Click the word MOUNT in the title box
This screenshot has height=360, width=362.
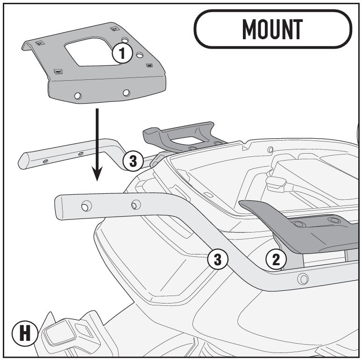click(272, 29)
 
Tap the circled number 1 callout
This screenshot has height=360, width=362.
click(122, 53)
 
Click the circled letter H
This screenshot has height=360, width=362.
click(25, 333)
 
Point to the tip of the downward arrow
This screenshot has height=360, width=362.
click(97, 181)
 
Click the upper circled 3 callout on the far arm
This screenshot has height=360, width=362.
click(133, 161)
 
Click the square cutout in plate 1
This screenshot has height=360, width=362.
click(92, 52)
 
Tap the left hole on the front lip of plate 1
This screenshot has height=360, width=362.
click(78, 96)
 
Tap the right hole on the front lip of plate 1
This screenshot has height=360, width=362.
click(126, 93)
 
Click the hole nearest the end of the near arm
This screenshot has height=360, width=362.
click(86, 206)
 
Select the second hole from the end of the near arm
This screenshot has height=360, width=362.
click(136, 205)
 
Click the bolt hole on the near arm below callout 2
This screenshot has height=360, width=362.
click(303, 279)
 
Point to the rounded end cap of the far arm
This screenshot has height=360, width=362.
click(22, 161)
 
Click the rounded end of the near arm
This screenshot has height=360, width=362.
click(58, 207)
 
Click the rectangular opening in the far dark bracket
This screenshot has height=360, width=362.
click(187, 140)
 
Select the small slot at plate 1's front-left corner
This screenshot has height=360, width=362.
click(58, 72)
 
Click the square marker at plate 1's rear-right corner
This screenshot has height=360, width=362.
click(114, 29)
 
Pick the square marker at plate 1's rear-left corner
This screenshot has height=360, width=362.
click(40, 43)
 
